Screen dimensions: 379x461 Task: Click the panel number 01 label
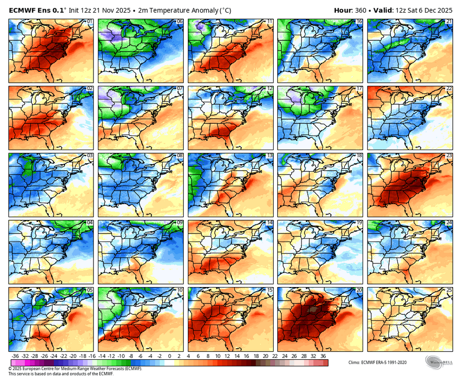click(x=90, y=22)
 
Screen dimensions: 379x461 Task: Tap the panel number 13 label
click(x=270, y=156)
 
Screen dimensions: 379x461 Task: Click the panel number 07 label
click(x=180, y=88)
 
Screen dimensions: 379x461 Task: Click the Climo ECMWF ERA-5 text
click(x=377, y=362)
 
